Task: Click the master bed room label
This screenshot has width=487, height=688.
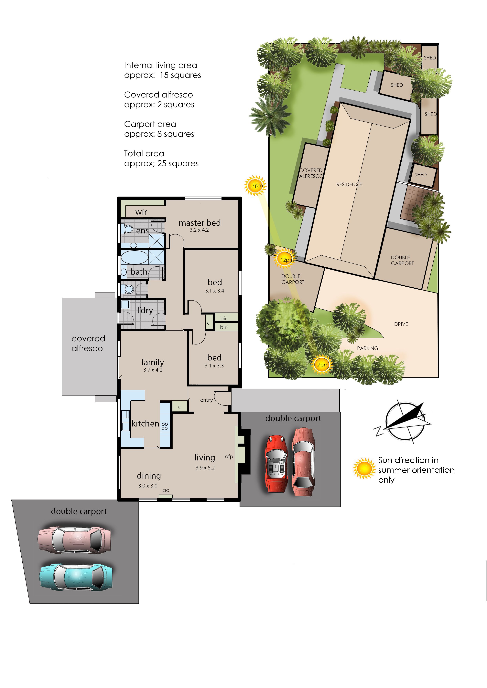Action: coord(200,223)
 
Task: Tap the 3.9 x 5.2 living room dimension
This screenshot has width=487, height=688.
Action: coord(205,467)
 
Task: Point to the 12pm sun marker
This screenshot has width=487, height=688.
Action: coord(285,260)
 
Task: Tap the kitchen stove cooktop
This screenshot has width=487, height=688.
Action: coord(165,426)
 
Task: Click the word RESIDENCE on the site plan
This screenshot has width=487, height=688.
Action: coord(349,184)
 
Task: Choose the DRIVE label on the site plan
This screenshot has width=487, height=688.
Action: coord(401,324)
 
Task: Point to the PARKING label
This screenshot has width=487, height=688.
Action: coord(367,348)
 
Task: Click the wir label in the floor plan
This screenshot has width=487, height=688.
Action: coord(141,212)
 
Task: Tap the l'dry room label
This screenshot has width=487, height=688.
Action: coord(145,310)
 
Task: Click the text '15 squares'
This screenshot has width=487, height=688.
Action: coord(180,75)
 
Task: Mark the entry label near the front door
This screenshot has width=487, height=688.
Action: coord(206,400)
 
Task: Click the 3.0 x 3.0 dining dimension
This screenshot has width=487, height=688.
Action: coord(148,485)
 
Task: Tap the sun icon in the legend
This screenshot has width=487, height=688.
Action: coord(364,468)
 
